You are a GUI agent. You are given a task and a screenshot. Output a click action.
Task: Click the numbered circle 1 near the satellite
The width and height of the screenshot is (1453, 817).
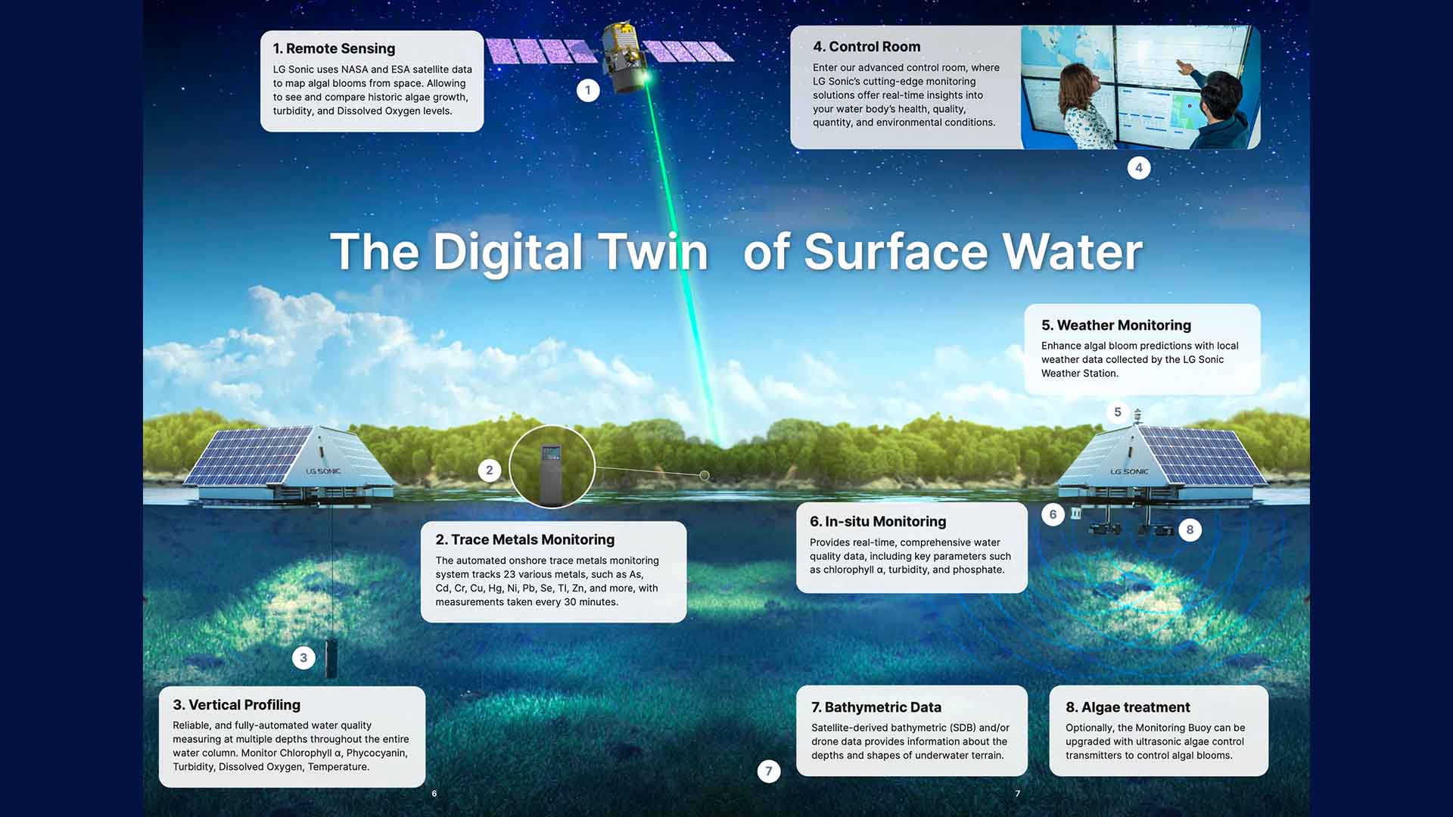click(x=588, y=91)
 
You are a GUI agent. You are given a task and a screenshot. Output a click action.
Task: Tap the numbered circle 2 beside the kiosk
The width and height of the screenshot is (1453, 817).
click(x=490, y=471)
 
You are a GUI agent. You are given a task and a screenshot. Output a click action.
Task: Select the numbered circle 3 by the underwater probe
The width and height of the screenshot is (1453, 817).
click(x=303, y=657)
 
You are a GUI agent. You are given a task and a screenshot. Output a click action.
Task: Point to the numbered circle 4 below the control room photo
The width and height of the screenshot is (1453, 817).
click(x=1139, y=168)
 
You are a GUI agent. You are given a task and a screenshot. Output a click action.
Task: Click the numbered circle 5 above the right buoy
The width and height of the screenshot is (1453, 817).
click(x=1118, y=412)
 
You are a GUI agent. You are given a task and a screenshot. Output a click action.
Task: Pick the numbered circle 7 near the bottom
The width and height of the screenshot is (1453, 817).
click(x=769, y=771)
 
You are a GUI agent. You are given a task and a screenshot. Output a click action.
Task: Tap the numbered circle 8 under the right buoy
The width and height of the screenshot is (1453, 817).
click(x=1190, y=530)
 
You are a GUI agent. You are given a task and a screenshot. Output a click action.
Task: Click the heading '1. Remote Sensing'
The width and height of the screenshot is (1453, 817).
click(x=334, y=48)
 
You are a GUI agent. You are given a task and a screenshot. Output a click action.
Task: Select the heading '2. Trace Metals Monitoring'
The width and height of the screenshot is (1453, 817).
click(x=524, y=539)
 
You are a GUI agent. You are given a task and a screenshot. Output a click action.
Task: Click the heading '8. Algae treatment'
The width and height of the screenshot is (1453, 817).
click(x=1128, y=707)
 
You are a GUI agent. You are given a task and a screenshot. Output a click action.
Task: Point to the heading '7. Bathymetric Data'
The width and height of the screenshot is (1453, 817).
click(x=876, y=707)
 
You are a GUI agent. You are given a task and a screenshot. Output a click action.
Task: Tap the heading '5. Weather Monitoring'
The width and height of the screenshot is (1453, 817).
click(x=1116, y=325)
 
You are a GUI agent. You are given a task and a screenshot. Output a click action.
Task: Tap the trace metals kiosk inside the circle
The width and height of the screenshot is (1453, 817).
click(x=552, y=475)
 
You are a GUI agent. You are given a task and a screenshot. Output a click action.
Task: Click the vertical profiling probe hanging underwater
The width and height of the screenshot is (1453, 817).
click(x=331, y=658)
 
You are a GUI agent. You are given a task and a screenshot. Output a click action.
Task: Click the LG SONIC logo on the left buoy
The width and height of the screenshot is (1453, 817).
click(x=323, y=471)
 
